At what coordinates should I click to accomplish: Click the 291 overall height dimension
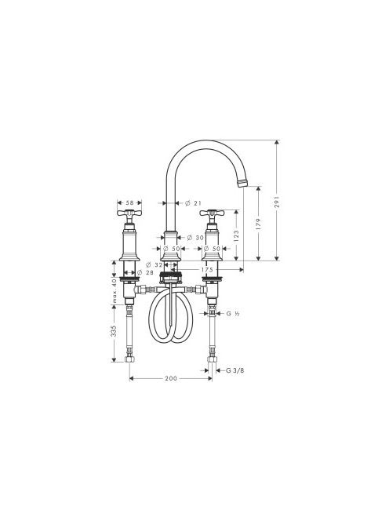click(277, 202)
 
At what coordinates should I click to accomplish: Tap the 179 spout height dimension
click(259, 224)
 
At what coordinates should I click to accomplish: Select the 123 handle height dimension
click(237, 236)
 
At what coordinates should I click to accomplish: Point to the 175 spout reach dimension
click(206, 270)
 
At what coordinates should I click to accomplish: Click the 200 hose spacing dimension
click(171, 378)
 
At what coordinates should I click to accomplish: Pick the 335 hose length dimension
click(114, 331)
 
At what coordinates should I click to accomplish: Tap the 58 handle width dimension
click(129, 202)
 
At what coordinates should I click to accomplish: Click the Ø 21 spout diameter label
click(193, 202)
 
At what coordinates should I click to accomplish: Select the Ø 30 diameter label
click(195, 238)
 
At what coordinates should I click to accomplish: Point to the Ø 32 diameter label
click(155, 265)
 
